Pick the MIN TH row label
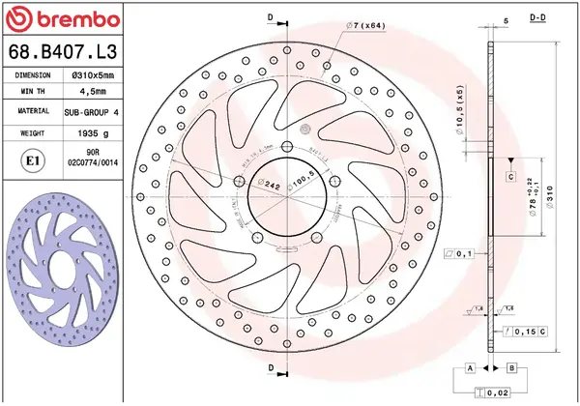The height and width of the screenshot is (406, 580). tap(33, 93)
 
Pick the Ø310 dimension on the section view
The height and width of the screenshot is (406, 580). tap(549, 200)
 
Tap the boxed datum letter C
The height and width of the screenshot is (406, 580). tap(509, 177)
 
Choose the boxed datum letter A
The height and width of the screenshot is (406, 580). tap(470, 368)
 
